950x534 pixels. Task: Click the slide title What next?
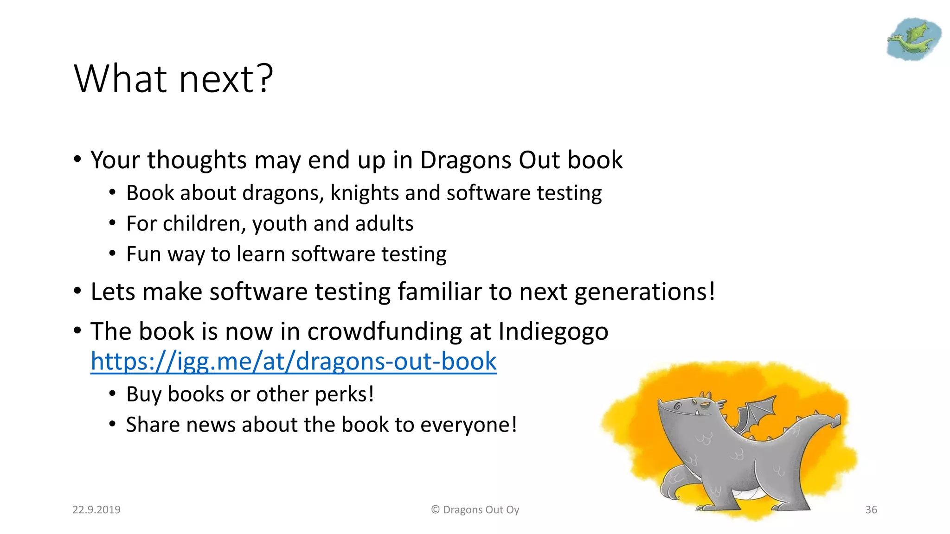point(173,79)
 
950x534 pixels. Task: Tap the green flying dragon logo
point(913,39)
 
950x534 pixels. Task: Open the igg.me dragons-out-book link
point(293,362)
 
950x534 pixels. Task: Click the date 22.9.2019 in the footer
point(96,509)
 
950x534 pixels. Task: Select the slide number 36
point(871,509)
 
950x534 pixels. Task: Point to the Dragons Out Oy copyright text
point(475,509)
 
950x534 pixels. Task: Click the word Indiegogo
point(553,331)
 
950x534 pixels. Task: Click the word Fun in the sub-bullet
point(143,254)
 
